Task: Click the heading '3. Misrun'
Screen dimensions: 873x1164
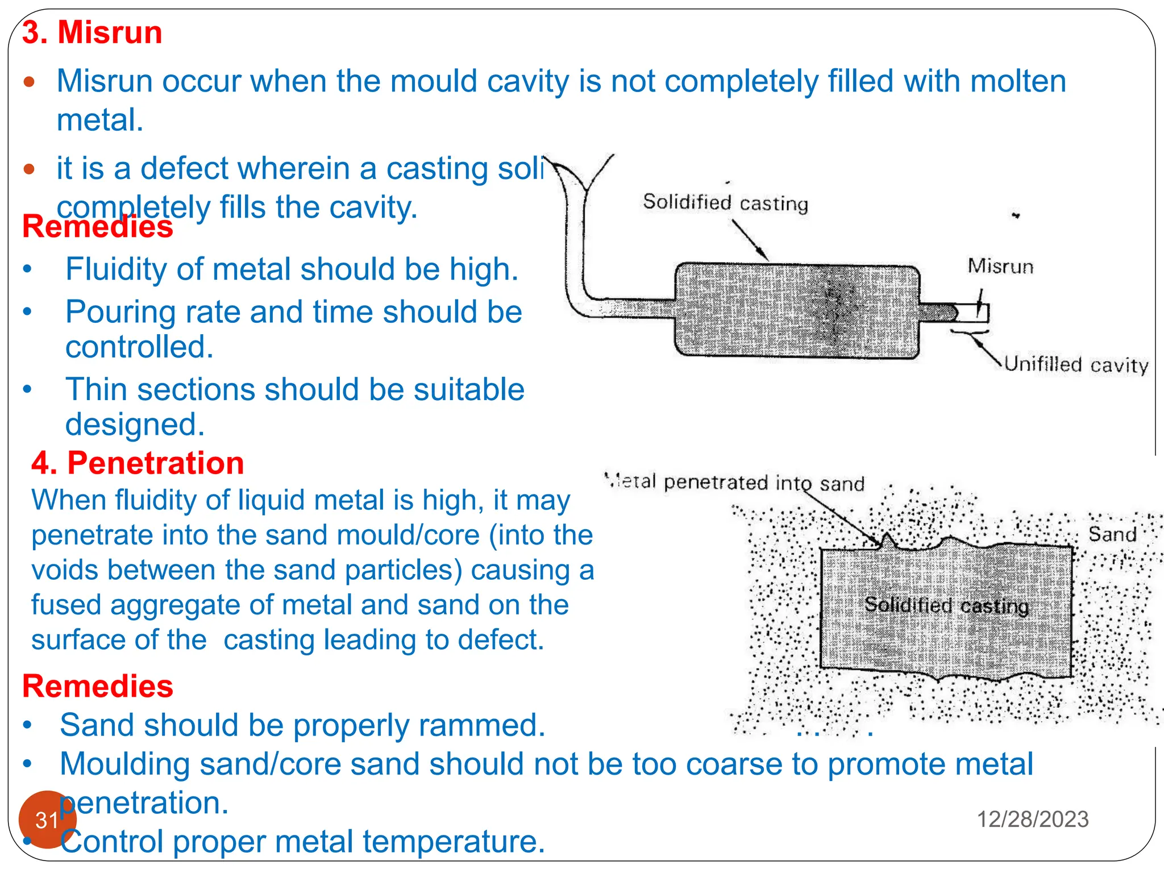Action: (x=92, y=32)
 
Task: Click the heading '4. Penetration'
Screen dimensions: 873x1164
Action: (x=138, y=463)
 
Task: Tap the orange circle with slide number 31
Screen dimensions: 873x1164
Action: (x=47, y=819)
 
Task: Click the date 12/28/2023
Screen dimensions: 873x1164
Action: (x=1032, y=820)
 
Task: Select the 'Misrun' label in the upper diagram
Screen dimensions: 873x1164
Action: (x=1000, y=267)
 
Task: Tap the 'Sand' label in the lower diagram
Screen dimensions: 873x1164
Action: (x=1112, y=535)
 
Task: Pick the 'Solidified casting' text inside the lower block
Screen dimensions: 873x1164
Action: (x=946, y=605)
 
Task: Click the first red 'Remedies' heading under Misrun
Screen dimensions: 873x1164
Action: (x=98, y=227)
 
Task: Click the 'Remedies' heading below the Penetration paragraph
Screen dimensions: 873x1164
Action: (x=98, y=687)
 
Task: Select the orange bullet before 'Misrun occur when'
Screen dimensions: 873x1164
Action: (x=30, y=82)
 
